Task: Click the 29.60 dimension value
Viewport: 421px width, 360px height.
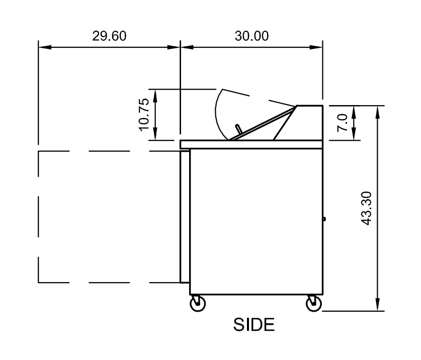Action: tap(109, 36)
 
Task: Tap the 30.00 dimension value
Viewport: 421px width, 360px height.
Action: tap(251, 36)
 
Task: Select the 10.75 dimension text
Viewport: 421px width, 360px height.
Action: tap(144, 115)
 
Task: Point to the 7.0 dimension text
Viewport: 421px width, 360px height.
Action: tap(343, 122)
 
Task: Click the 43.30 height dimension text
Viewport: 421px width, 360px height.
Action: tap(366, 208)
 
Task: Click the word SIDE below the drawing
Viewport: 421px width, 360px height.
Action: tap(254, 325)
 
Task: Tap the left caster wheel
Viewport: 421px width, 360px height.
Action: tap(198, 303)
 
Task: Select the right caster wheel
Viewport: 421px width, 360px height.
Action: tap(313, 303)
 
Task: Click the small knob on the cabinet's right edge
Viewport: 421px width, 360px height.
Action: tap(324, 219)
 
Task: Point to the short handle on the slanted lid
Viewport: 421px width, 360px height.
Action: tap(238, 129)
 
